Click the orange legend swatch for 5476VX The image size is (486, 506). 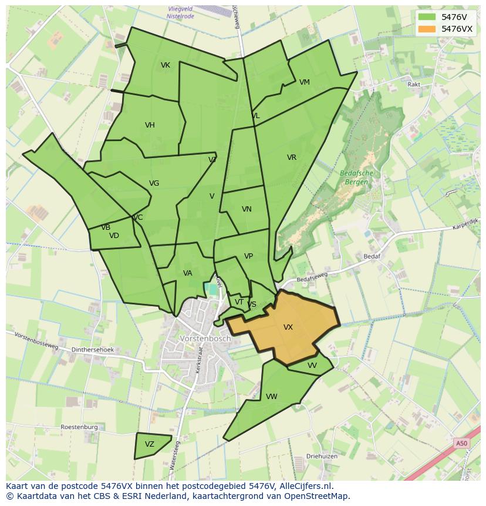point(427,29)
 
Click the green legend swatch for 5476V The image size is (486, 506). point(427,17)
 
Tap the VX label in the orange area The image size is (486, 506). point(288,327)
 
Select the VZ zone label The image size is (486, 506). point(150,444)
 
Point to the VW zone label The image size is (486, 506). point(271,397)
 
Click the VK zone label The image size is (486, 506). point(166,65)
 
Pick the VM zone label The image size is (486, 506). point(304,82)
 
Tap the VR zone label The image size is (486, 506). point(292,158)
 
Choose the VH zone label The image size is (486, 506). point(150,125)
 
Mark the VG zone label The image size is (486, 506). point(154,183)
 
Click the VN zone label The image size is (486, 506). point(247,209)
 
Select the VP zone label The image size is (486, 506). point(248,256)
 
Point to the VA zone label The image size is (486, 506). point(187,273)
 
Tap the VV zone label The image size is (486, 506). point(312,366)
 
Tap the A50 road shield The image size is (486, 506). point(462,444)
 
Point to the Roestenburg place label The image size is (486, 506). point(79,427)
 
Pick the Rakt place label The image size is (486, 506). point(414,85)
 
